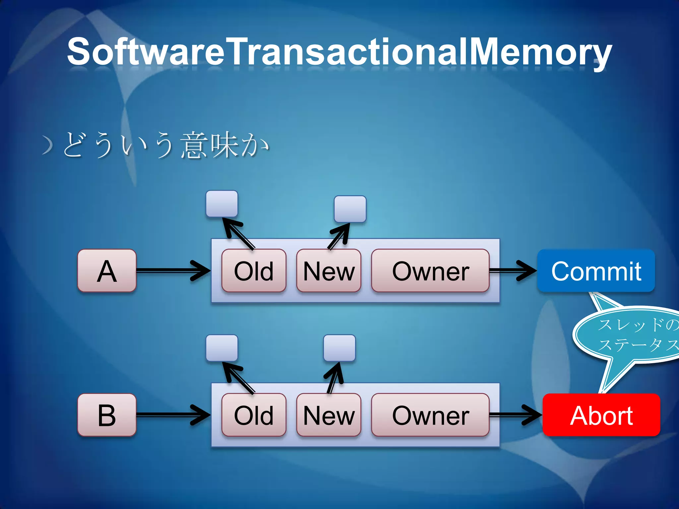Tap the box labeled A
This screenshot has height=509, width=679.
(x=107, y=271)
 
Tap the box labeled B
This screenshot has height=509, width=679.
(x=107, y=415)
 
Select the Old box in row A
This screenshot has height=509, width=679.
(x=254, y=271)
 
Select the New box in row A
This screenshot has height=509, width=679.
(x=329, y=271)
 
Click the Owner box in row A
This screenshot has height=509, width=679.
(x=430, y=271)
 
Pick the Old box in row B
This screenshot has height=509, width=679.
(x=254, y=415)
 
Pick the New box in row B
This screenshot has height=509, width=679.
(x=329, y=415)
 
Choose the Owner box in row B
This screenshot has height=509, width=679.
(x=430, y=415)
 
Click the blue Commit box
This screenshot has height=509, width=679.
(x=596, y=271)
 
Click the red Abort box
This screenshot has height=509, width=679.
(x=601, y=415)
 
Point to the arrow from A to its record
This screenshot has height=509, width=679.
(x=172, y=271)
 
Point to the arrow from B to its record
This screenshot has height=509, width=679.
(x=172, y=415)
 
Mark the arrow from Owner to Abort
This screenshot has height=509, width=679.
(x=516, y=415)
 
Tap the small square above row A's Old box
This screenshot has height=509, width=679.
(x=222, y=203)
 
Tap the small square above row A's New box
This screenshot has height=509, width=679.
(x=350, y=209)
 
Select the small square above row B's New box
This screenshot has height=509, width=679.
(x=339, y=348)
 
